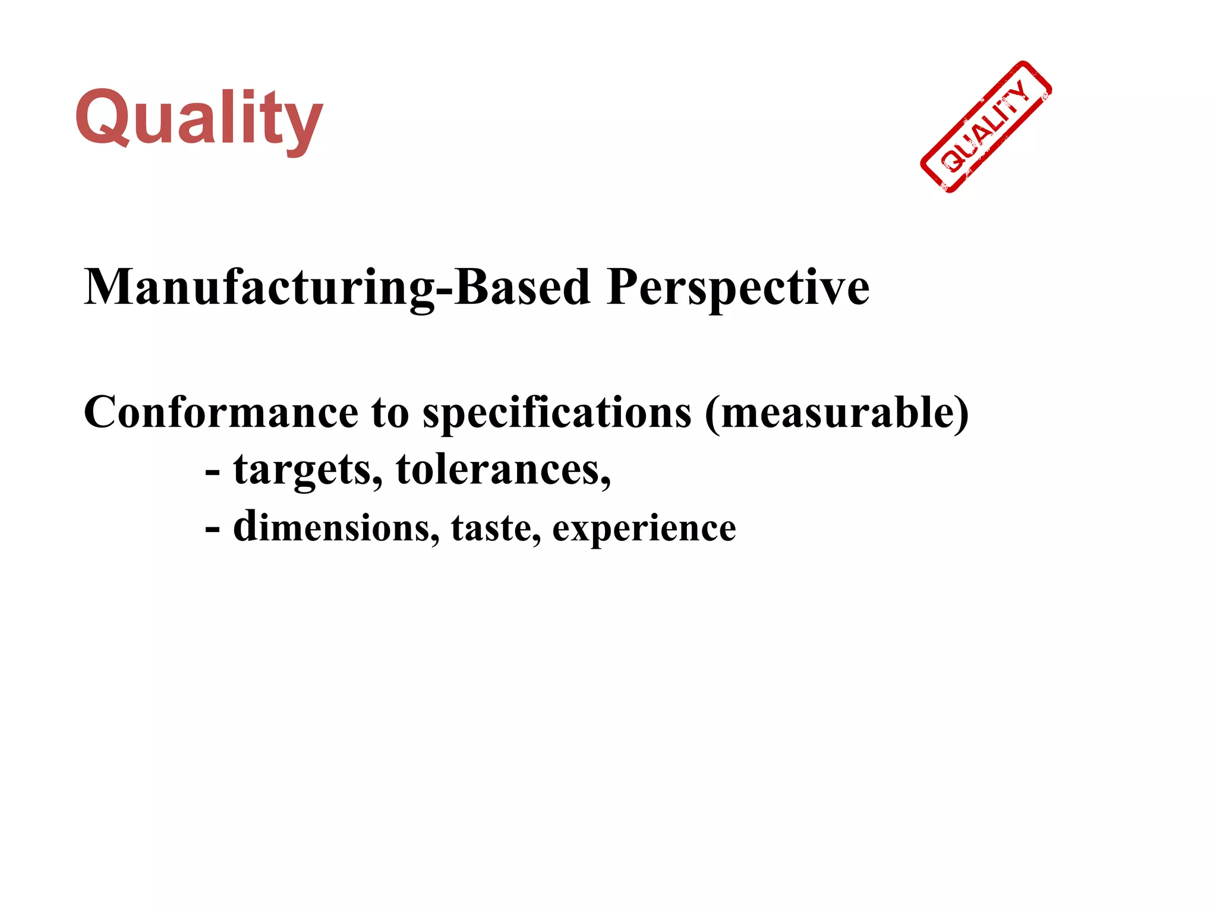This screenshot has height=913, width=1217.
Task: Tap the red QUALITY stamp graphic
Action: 986,127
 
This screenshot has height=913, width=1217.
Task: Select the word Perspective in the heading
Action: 738,287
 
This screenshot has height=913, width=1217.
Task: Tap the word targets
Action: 308,470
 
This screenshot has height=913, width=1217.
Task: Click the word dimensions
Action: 336,527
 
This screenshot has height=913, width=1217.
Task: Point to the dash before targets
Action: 212,471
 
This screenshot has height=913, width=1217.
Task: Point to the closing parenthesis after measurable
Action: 961,413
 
